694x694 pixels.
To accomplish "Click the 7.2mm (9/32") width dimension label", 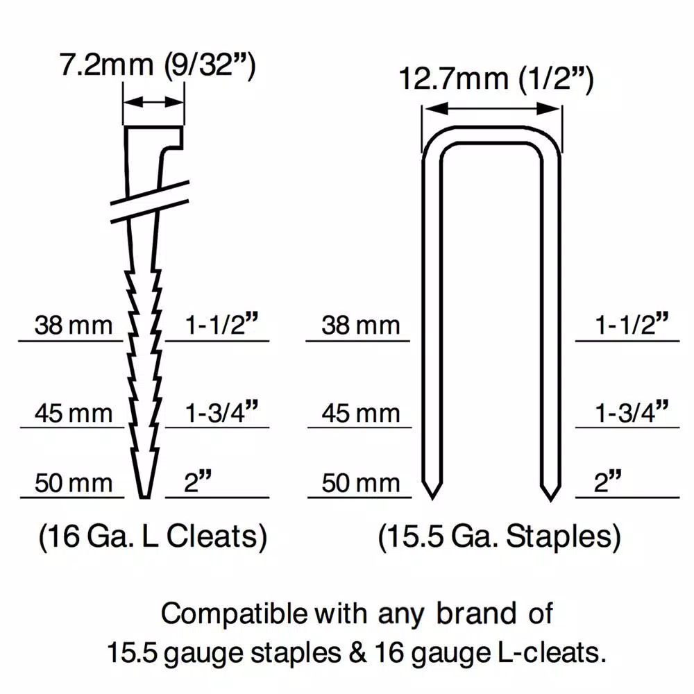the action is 158,65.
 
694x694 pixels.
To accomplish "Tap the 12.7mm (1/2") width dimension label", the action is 496,79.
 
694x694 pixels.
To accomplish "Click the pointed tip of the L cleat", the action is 144,498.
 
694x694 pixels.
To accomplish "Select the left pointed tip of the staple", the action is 432,499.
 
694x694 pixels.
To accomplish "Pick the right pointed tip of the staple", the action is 550,500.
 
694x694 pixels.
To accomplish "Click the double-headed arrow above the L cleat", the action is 153,102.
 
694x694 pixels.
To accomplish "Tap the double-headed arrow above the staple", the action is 491,108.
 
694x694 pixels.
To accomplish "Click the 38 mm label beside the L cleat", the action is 74,325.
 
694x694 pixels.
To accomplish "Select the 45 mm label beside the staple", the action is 361,414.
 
